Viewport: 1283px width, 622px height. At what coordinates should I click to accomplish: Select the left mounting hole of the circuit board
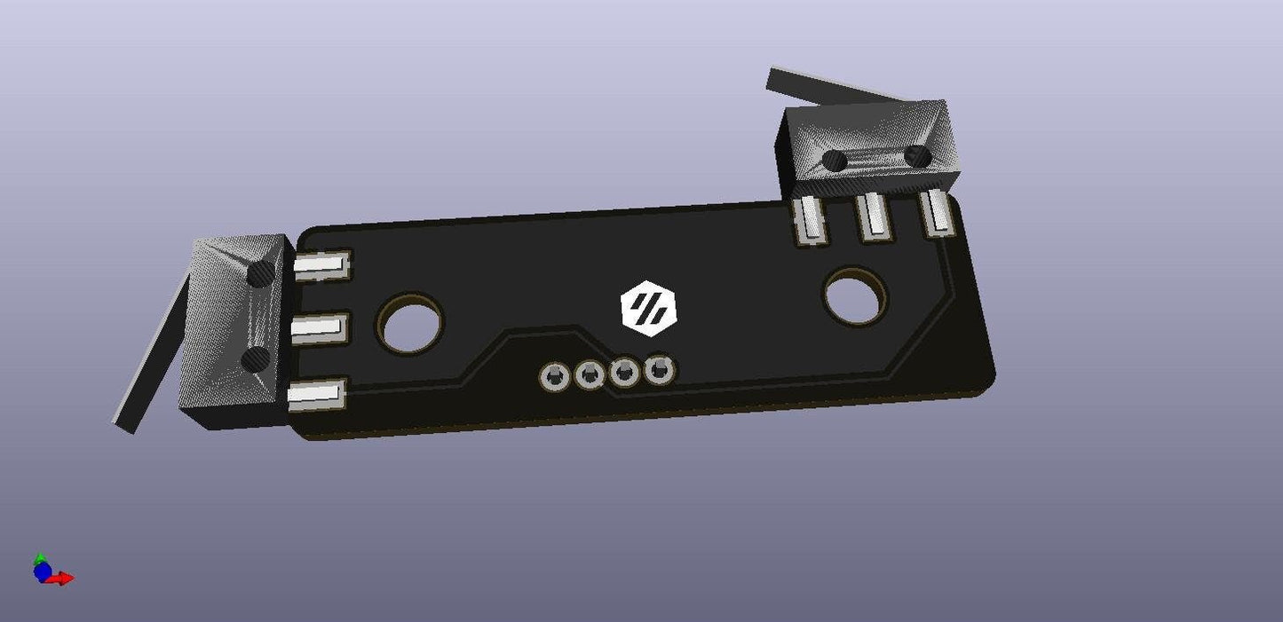pos(409,322)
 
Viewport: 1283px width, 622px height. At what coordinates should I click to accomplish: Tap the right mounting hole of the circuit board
pos(855,296)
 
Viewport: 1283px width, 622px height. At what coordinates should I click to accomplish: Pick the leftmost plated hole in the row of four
pos(554,378)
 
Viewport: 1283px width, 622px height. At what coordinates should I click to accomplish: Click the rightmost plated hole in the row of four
pos(659,370)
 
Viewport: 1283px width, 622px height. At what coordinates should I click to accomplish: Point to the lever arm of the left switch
pos(153,355)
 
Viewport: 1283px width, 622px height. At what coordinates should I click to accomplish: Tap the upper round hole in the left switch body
pos(262,273)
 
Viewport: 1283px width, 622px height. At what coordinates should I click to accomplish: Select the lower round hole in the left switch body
pos(257,358)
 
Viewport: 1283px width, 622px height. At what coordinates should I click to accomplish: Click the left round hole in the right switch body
pos(835,161)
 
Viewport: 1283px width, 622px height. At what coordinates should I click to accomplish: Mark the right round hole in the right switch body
pos(918,157)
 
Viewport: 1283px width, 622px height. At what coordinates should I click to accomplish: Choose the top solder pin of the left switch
pos(321,264)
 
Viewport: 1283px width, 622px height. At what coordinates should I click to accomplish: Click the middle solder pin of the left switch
pos(318,329)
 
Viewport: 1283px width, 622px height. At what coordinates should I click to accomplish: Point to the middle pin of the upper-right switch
pos(875,217)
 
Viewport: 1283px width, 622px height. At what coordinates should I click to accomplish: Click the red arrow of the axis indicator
pos(62,579)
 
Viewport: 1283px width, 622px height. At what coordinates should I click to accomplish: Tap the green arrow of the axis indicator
pos(39,559)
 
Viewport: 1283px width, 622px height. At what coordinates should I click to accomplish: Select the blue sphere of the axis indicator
pos(42,572)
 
